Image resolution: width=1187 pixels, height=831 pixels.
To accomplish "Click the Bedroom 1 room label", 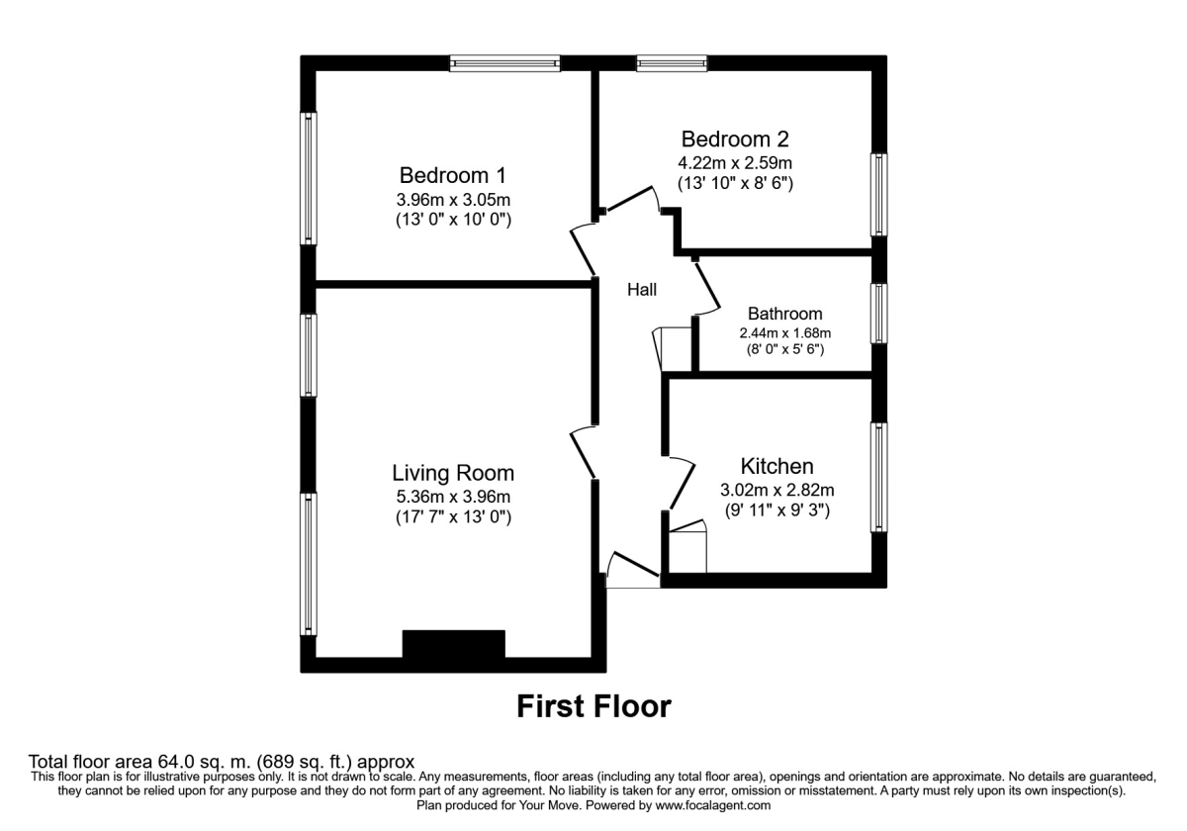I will [452, 175].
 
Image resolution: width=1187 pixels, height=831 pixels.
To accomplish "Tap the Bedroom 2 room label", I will [735, 138].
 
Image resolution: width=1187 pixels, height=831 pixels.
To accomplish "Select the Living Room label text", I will [453, 472].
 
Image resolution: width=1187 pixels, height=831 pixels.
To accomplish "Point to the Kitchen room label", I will [777, 466].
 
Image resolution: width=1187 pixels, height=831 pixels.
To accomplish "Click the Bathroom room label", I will [784, 314].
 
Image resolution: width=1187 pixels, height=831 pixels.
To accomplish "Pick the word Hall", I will [642, 290].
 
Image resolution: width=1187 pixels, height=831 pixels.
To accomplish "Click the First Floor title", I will [593, 706].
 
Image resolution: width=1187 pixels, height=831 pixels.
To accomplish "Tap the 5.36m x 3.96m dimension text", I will [453, 497].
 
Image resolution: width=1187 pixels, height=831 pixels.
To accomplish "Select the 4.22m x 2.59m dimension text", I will [735, 162].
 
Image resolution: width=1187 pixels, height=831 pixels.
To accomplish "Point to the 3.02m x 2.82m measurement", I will [777, 490].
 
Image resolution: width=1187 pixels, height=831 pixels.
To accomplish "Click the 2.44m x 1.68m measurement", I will [784, 333].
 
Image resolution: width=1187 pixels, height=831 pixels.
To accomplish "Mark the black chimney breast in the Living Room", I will [453, 644].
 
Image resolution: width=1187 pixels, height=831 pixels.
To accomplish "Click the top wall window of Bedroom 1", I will [504, 63].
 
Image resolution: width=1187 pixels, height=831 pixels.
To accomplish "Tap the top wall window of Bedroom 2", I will [672, 63].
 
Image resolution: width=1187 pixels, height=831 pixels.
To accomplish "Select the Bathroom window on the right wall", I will [878, 314].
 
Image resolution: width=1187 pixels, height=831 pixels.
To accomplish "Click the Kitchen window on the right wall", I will [878, 478].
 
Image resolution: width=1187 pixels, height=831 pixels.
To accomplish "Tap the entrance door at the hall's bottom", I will [633, 572].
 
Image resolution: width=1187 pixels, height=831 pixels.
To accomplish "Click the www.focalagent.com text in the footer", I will [712, 806].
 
